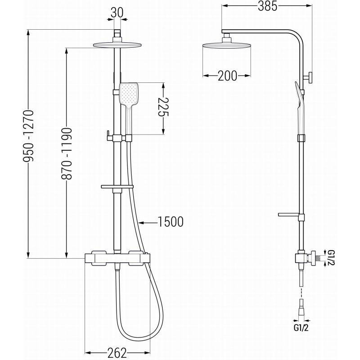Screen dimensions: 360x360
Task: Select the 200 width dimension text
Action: pos(227,76)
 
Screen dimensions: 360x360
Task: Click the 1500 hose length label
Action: pos(170,221)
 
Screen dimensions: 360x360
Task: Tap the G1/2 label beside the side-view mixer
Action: pos(331,259)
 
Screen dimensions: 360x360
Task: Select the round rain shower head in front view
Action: pos(117,44)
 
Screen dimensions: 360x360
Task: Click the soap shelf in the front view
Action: pos(117,186)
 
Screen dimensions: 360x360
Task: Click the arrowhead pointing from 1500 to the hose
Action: pos(140,222)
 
